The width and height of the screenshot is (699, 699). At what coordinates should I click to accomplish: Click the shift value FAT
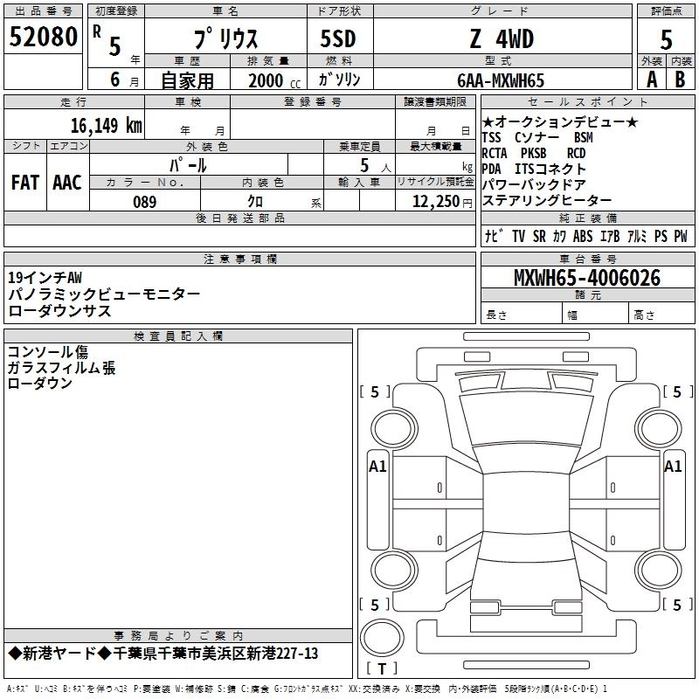coord(25,183)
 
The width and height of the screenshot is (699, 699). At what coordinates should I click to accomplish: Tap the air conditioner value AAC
coord(66,183)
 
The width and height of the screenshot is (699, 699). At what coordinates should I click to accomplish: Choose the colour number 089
coord(144,202)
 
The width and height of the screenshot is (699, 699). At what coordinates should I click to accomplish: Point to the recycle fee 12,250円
coord(437,202)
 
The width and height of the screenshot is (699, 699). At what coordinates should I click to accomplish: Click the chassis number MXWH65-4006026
coord(587,278)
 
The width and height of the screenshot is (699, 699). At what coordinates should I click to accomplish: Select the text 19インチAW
coord(45,278)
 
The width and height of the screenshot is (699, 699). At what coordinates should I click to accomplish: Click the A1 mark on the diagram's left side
coord(377,467)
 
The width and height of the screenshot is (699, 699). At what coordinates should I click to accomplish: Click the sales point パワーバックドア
coord(534,184)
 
